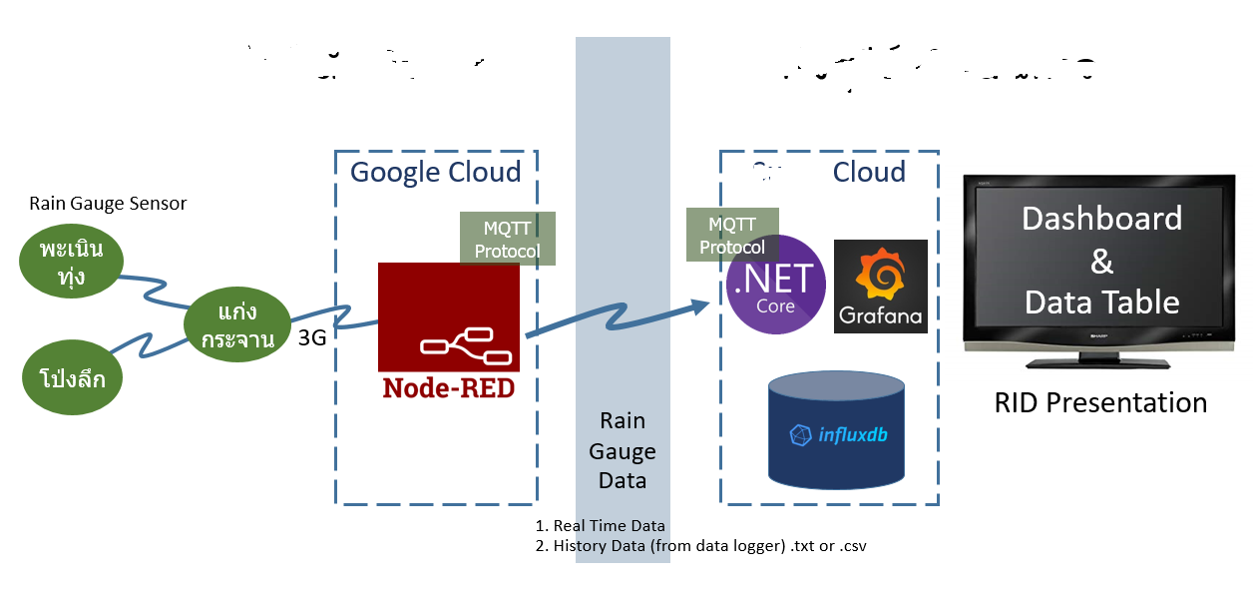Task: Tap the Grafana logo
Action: (x=880, y=287)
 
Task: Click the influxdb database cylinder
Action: (x=838, y=429)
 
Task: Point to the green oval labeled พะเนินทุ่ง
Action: (x=72, y=262)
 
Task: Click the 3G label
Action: (x=312, y=337)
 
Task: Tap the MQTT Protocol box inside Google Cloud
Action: (x=507, y=239)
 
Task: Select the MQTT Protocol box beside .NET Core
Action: (x=732, y=235)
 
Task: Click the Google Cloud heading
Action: (x=435, y=172)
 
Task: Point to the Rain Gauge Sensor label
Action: (x=108, y=204)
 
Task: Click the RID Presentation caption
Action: (x=1100, y=402)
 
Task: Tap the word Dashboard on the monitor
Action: (x=1101, y=219)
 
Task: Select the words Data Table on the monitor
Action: (x=1101, y=301)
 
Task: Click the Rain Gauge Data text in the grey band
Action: (x=622, y=450)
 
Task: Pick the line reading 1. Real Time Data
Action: (x=601, y=526)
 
